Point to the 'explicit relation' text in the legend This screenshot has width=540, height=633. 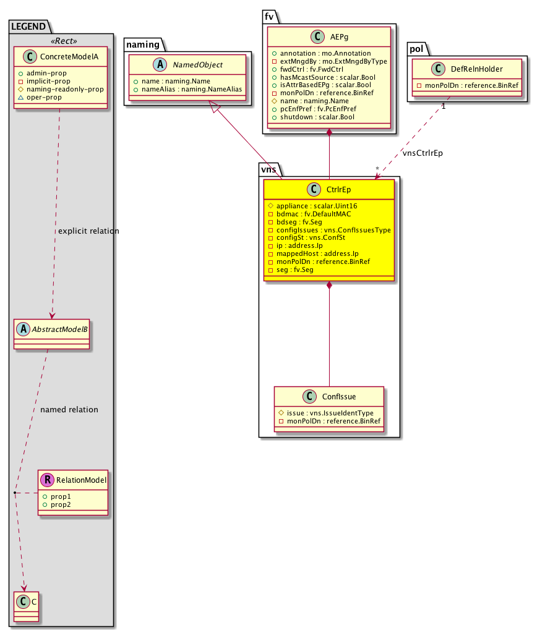[88, 231]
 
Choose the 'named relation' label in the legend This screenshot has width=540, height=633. [69, 409]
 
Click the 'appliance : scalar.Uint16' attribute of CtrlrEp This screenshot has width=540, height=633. [313, 205]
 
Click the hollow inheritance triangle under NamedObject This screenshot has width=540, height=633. [215, 107]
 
